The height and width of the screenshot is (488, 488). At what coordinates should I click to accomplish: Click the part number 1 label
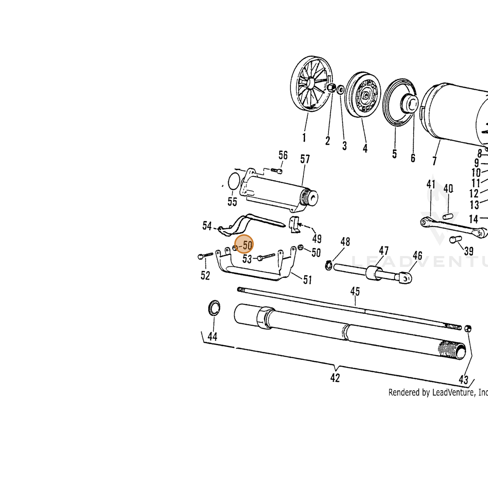coord(304,137)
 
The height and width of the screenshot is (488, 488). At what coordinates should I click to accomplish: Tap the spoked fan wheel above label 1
coord(312,84)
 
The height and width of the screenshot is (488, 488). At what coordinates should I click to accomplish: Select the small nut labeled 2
coord(331,87)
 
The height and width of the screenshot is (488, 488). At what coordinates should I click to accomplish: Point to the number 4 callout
coord(365,148)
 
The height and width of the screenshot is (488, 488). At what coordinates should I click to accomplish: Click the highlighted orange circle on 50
coord(244,244)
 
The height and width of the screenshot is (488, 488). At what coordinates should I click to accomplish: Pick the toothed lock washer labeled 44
coord(214,308)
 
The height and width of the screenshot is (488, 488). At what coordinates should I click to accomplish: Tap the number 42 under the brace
coord(335,378)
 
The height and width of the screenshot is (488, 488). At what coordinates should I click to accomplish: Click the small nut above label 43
coord(468,329)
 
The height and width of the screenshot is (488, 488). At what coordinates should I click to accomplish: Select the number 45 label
coord(355,291)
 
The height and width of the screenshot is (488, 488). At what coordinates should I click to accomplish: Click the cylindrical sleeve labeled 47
coord(374,273)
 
